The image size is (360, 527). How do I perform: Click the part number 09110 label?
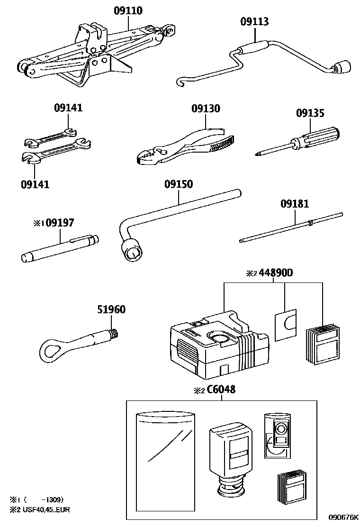point(128,10)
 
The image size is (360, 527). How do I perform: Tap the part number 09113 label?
point(254,21)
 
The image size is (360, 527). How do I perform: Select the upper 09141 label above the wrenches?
point(68,108)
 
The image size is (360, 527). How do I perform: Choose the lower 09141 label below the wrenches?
point(35,183)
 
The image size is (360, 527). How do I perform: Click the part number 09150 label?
point(179,184)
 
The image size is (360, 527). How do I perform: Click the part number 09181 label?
point(294,204)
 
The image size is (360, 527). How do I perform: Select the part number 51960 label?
point(111,309)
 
